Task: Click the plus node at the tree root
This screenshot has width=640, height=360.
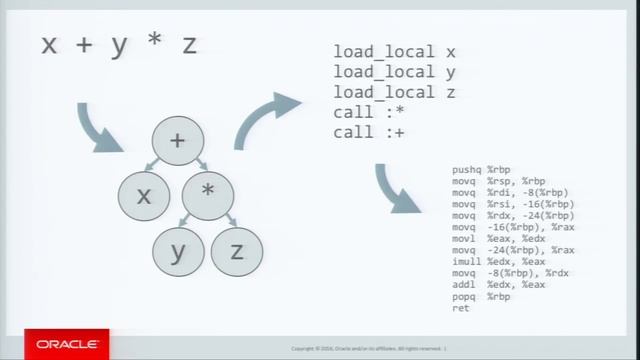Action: (x=177, y=141)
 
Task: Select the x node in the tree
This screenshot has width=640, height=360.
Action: (x=144, y=197)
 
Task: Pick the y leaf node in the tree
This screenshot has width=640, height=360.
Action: (x=177, y=252)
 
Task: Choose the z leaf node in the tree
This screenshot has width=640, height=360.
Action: (x=237, y=252)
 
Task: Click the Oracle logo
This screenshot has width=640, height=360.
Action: (x=67, y=345)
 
